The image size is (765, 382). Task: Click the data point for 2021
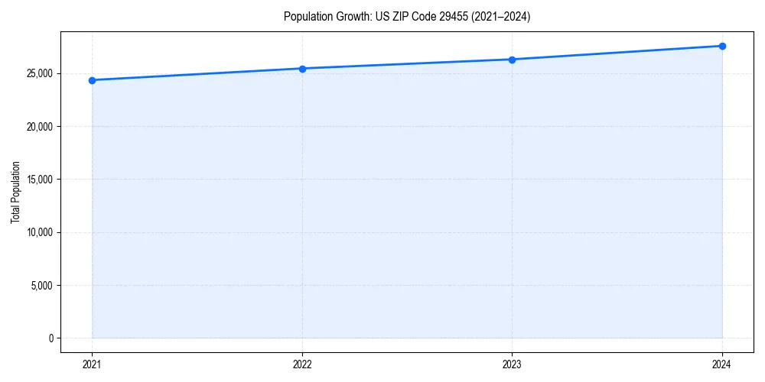(x=92, y=80)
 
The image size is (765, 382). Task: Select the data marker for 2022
(x=302, y=69)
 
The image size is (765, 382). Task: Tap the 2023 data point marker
(x=512, y=60)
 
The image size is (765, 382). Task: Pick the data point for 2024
(x=722, y=46)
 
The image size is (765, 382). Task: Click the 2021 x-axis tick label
(x=92, y=364)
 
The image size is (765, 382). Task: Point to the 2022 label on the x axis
(x=302, y=364)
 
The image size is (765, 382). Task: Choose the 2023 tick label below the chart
(x=512, y=364)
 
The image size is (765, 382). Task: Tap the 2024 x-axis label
(x=722, y=364)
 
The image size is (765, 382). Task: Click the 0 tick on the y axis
(x=50, y=338)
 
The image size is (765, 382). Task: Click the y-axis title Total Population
(x=15, y=192)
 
